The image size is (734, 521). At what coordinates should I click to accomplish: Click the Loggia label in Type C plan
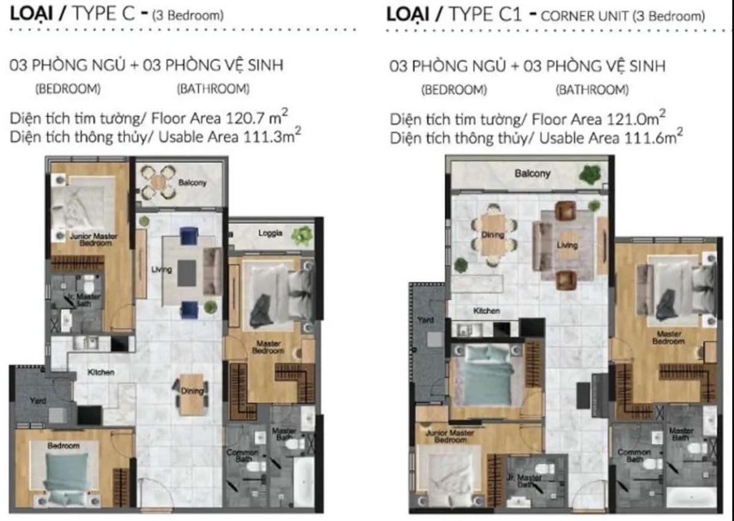point(270,233)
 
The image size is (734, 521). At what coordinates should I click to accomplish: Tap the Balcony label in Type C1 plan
point(532,174)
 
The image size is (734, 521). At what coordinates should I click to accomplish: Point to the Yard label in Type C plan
point(37,402)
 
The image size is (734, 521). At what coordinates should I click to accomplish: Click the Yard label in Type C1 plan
point(426,320)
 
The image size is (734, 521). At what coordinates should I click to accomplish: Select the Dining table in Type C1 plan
point(493,235)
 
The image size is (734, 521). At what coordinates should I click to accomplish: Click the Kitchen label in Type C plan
point(101,372)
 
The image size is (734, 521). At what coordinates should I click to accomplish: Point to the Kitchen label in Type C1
point(487,311)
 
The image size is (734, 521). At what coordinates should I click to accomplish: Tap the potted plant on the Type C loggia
point(301,235)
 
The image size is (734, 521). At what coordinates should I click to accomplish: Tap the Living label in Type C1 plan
point(568,245)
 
